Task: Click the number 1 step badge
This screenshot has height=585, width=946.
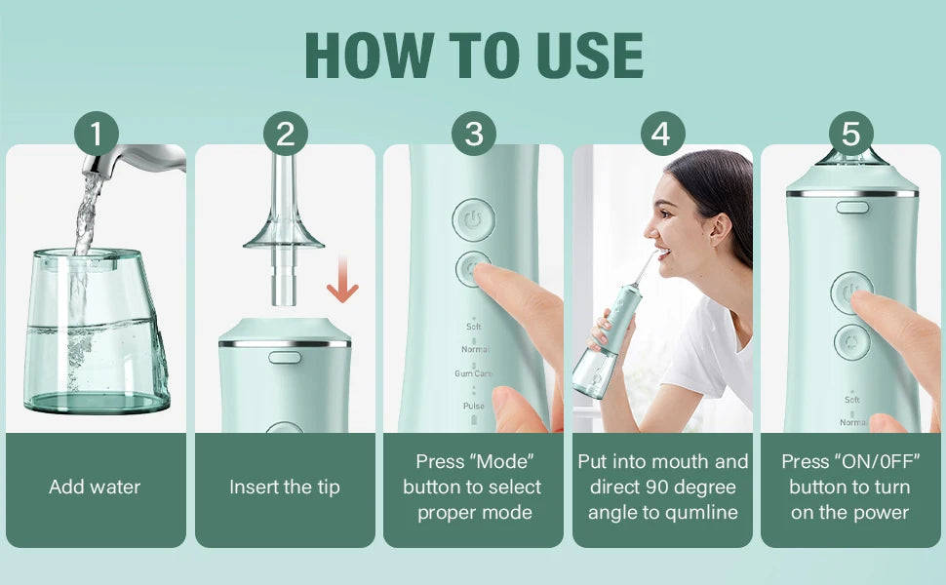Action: [x=97, y=134]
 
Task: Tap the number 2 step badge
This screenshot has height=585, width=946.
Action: [x=285, y=134]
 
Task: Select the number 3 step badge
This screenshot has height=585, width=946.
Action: [x=473, y=134]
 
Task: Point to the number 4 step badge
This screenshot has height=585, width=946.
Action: [x=661, y=134]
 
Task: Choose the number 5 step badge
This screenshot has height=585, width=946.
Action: [x=850, y=134]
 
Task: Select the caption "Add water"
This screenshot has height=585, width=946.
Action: [x=95, y=487]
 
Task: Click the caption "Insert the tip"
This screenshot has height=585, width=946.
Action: [x=285, y=487]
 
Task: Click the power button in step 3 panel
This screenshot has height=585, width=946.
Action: [x=473, y=220]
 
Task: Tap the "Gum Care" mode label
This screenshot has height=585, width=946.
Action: [x=473, y=373]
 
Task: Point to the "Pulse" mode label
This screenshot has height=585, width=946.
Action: [x=473, y=406]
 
